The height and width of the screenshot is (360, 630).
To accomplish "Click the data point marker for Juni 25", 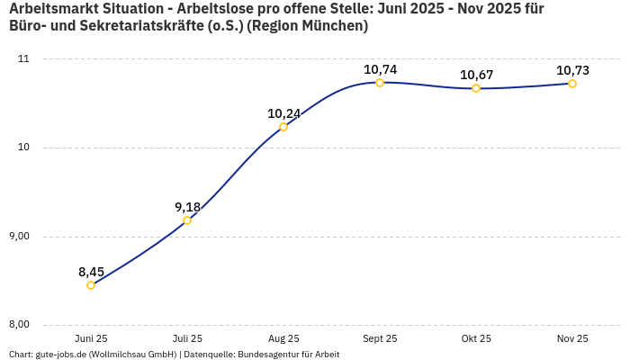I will point(91,285).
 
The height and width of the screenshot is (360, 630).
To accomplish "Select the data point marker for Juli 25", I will point(187,220).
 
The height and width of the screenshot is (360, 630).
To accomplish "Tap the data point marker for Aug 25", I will point(283,127).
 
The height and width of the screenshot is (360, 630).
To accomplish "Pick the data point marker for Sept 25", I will point(380,83).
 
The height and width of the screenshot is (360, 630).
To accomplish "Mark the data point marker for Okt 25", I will point(476,88).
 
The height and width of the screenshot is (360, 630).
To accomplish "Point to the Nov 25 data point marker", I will point(572,84).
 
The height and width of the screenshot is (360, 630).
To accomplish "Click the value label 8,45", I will point(91,272).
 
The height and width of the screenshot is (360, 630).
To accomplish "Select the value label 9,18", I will point(187,207).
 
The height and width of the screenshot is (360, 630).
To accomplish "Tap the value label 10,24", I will point(283,113).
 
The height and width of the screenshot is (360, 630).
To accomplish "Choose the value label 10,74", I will point(380,69).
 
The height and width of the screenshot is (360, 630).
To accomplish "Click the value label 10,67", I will point(476,75).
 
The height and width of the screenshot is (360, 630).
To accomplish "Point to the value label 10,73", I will point(572,70).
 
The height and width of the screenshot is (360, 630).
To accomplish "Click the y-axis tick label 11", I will point(23,59).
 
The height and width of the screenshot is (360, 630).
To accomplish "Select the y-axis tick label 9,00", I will point(19,237).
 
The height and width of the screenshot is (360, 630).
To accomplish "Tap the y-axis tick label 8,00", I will point(19,325).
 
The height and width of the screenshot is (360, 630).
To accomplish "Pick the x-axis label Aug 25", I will point(283,338).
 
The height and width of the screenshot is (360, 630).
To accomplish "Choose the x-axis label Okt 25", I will point(476,338).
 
